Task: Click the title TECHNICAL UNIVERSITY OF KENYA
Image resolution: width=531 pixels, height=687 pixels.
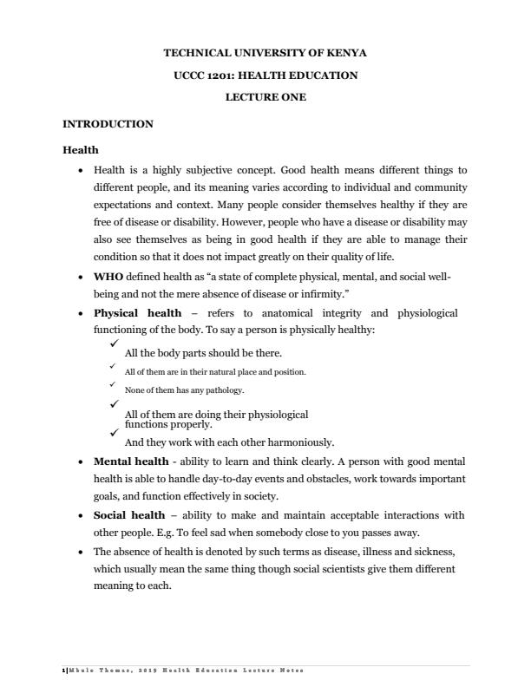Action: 265,53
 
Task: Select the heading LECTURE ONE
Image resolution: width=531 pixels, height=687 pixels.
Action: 265,97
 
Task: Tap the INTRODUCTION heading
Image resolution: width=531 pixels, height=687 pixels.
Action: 108,124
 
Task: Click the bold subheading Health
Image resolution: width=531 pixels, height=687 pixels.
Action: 81,150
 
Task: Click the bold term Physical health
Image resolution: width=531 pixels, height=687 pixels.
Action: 137,312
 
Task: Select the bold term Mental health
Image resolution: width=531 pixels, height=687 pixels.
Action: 131,461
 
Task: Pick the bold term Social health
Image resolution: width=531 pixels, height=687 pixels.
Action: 128,515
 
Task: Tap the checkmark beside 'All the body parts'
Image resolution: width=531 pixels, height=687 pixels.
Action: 114,345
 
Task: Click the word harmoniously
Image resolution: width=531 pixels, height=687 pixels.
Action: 296,442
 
